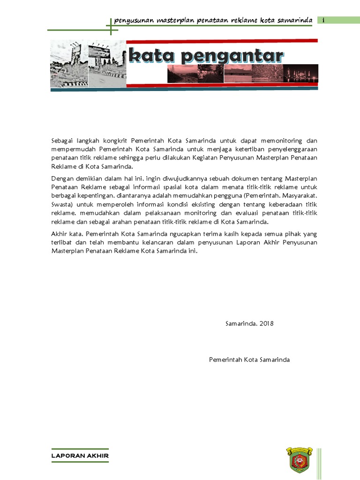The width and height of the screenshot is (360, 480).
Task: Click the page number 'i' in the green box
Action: (323, 20)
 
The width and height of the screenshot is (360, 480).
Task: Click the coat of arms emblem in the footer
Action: (298, 459)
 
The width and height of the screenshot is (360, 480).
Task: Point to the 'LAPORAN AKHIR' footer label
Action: (80, 456)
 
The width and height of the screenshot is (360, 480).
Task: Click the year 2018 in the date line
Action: (265, 323)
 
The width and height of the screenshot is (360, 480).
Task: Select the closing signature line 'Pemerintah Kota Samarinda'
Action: (249, 360)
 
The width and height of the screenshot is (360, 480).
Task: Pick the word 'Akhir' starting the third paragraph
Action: (59, 234)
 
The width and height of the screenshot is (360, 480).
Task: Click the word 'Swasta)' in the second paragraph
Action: (62, 205)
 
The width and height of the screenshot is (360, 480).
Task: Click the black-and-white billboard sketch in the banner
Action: (87, 64)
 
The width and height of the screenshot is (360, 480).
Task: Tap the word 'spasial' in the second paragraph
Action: (171, 187)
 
